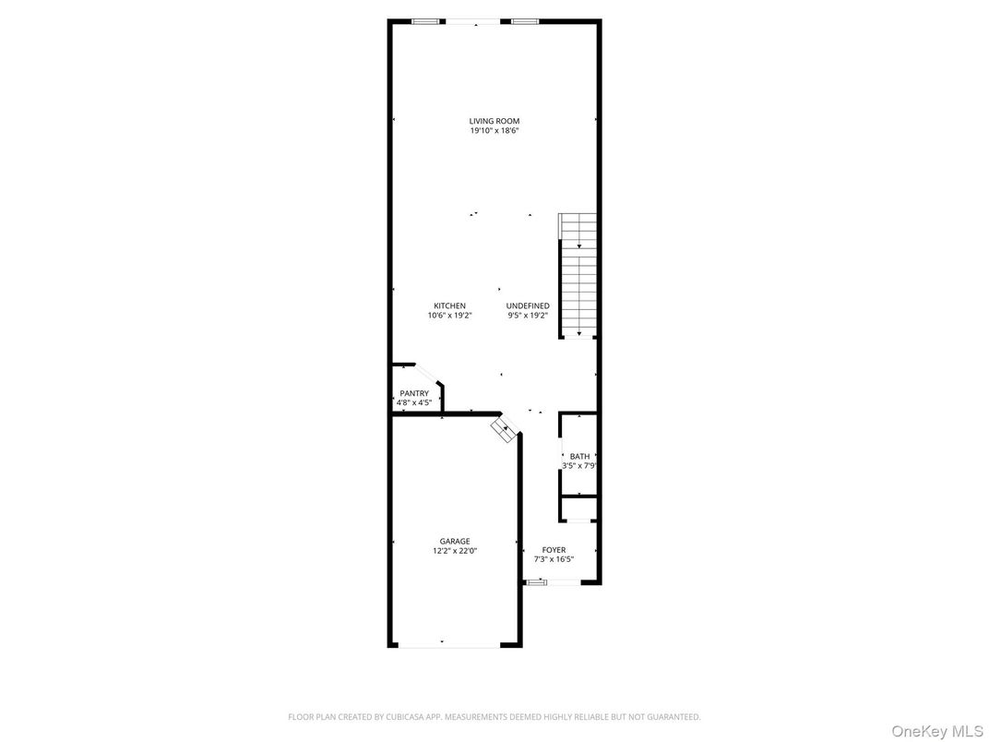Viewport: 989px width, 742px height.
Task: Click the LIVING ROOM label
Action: (494, 121)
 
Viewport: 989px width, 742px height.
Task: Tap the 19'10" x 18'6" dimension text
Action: (494, 131)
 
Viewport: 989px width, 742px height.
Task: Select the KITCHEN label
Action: (450, 305)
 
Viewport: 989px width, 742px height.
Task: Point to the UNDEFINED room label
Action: (528, 305)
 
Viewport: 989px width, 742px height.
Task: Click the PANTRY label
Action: (414, 393)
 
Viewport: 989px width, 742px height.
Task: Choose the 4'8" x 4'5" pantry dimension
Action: (414, 402)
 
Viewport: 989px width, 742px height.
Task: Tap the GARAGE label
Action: (455, 541)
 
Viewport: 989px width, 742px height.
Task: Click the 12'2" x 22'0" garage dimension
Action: (455, 551)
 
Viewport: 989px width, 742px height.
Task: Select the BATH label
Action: (579, 456)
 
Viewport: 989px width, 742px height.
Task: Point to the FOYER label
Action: (554, 549)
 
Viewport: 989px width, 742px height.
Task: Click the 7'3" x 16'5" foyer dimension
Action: (554, 559)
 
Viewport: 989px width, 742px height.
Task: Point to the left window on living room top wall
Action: (425, 20)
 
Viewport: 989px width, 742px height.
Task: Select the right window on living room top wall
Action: (526, 20)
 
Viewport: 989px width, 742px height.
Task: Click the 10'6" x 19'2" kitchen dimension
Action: (450, 316)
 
